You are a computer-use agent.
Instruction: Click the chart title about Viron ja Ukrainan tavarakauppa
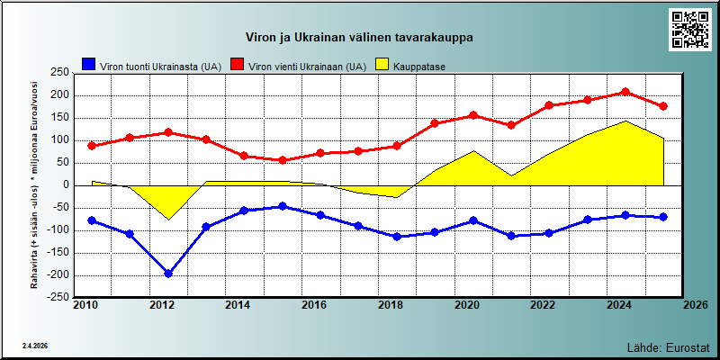coord(359,38)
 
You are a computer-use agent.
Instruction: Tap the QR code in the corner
coord(689,30)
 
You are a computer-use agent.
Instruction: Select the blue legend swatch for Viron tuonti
coord(88,64)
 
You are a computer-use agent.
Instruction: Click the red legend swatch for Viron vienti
coord(238,64)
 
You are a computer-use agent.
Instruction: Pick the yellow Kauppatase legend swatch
coord(382,64)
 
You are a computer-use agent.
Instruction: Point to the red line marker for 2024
coord(625,92)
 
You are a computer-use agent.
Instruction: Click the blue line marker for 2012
coord(168,274)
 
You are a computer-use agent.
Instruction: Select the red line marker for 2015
coord(283,160)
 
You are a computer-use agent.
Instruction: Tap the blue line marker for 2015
coord(283,206)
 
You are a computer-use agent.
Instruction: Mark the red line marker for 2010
coord(92,146)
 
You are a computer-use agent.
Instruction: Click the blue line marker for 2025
coord(663,217)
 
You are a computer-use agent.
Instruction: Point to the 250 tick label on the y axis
coord(60,73)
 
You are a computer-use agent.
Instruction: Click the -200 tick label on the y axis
coord(58,275)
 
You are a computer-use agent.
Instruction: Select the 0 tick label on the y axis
coord(66,185)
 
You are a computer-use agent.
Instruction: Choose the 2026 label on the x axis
coord(694,305)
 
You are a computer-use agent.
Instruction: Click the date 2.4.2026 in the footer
coord(35,346)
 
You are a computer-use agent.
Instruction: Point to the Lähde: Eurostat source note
coord(668,346)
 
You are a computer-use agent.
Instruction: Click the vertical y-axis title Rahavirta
coord(34,185)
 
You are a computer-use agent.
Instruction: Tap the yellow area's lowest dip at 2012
coord(168,220)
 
